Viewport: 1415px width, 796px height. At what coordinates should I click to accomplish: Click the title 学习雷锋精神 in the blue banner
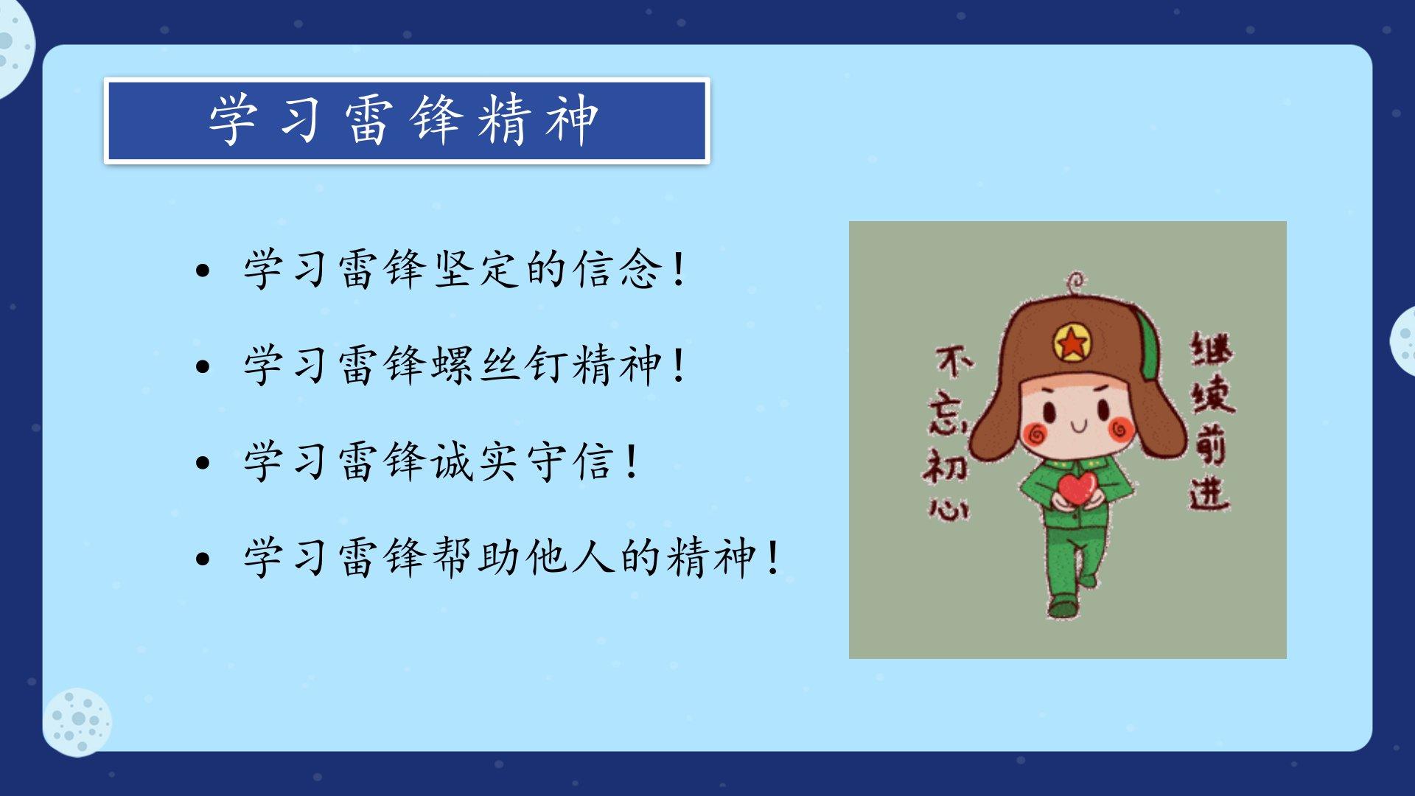click(404, 119)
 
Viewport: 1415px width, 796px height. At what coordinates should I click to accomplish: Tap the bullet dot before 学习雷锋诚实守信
click(203, 463)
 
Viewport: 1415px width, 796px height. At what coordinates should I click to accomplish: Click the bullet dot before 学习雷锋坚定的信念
click(203, 271)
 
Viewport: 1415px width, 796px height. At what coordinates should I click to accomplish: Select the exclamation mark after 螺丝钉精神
click(679, 365)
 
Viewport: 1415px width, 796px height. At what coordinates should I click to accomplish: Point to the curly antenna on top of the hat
click(1075, 283)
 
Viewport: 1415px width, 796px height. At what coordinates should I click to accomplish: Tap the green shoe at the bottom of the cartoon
click(1063, 607)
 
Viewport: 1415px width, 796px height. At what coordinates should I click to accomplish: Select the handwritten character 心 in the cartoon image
click(948, 508)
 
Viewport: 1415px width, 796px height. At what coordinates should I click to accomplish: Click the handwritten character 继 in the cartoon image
click(1212, 351)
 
